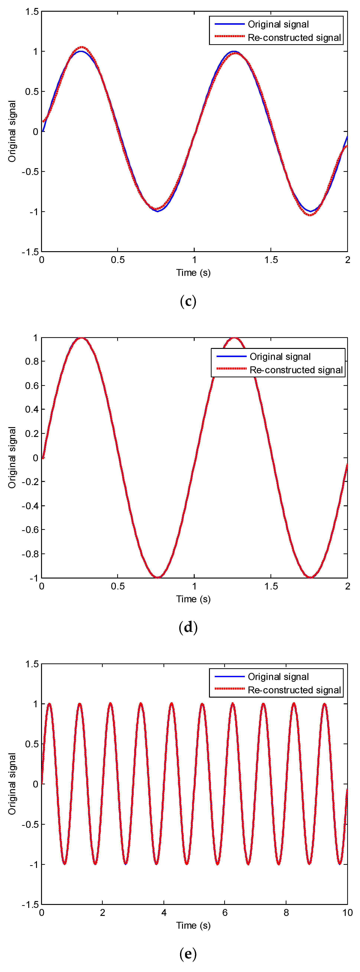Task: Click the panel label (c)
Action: coord(188,302)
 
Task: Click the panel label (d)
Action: coord(188,628)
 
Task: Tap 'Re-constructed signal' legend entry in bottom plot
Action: coord(294,690)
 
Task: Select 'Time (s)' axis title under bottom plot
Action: coord(193,925)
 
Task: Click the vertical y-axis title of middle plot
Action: coord(12,457)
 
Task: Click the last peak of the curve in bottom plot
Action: coord(324,704)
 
